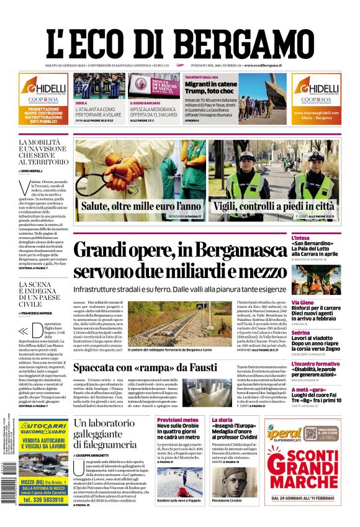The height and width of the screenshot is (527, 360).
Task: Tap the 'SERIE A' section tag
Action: (x=81, y=103)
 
